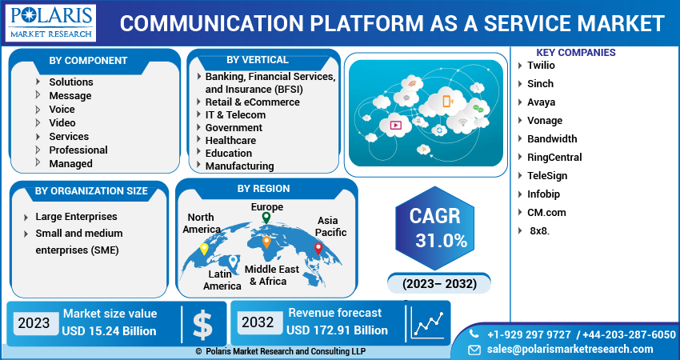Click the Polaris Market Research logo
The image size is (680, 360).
50,23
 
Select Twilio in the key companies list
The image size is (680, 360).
542,66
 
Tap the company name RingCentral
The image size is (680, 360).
554,158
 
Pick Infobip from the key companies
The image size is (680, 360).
543,194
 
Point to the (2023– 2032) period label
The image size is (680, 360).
439,284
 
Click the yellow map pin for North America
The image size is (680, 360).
204,248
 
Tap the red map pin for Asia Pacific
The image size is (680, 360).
318,248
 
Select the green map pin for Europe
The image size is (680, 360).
266,218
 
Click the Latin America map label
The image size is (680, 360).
222,280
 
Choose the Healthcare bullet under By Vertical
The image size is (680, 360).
230,140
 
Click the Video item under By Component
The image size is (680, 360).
62,122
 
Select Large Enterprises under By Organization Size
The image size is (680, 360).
76,217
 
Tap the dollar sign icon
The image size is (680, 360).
203,323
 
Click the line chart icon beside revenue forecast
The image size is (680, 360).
428,323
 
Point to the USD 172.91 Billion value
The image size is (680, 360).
337,330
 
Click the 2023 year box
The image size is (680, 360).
34,323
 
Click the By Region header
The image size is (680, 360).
263,189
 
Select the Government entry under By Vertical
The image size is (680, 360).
234,127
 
